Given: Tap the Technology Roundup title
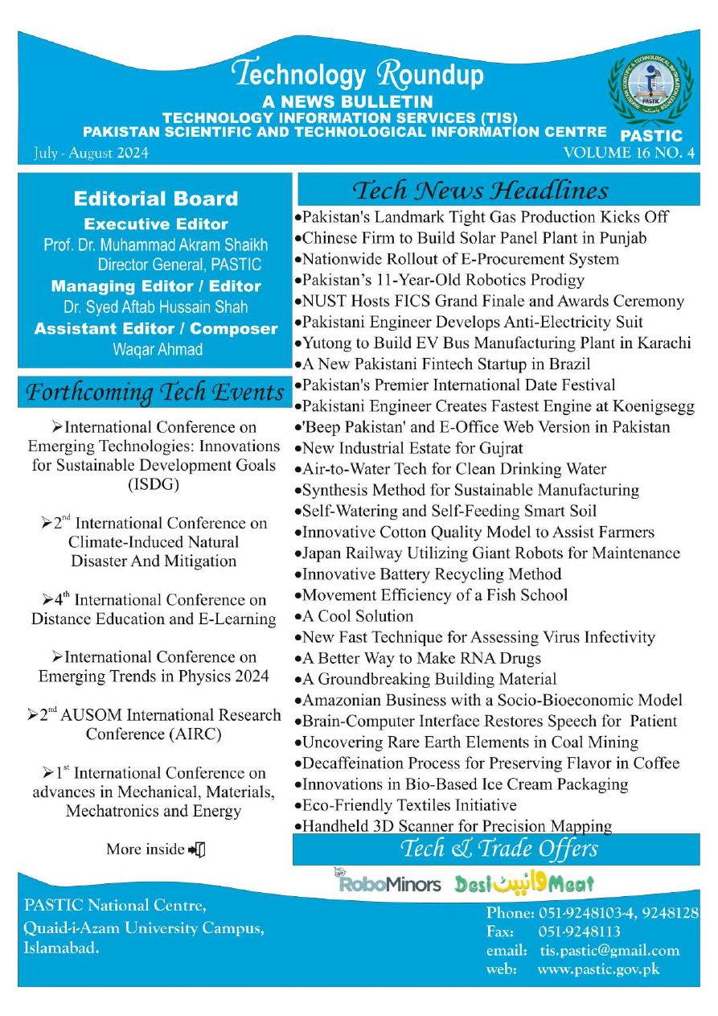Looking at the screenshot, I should pos(358,75).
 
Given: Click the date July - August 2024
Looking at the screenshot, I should pos(91,153).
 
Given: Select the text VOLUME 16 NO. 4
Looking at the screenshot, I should pos(629,154).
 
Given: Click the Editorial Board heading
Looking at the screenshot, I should pos(156,199).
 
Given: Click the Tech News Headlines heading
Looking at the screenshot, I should pos(481,191).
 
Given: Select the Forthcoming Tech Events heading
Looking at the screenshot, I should pos(155,393).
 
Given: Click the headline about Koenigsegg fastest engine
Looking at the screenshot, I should pos(498,406).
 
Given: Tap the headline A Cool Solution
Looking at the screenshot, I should pos(357,616).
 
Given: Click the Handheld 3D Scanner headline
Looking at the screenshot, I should pos(457,826).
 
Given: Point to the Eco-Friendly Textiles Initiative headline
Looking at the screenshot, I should pos(409,805).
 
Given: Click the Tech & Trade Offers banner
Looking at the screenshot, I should pos(498,849).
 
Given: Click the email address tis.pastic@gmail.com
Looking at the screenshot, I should pos(609,950).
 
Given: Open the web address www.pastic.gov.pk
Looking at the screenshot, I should pos(598,969).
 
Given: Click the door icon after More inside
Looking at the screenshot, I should pos(198,849).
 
